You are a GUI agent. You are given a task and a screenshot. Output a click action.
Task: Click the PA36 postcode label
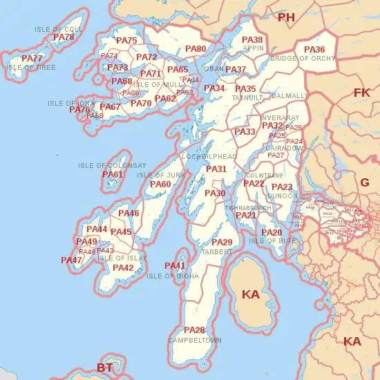tap(314, 50)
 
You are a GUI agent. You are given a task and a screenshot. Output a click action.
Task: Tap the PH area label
tap(286, 17)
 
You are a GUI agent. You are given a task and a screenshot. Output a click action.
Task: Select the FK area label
tap(361, 93)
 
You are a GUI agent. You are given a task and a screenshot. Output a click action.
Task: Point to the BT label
tap(104, 368)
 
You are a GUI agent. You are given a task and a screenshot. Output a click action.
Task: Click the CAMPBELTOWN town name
tap(195, 341)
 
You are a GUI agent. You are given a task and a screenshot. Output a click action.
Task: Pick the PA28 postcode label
tap(194, 330)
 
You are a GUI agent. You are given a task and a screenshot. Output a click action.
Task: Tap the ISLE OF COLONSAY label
tap(112, 166)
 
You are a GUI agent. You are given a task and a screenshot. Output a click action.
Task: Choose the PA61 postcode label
tap(113, 175)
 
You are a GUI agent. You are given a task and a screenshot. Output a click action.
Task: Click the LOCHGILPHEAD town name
tap(209, 157)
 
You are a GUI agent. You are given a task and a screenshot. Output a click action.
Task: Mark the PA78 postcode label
tap(64, 37)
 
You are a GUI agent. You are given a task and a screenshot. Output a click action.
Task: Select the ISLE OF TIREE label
tap(31, 68)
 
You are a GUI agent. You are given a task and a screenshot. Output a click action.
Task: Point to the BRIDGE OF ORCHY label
tap(303, 59)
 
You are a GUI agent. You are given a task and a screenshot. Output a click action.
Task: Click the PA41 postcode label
tap(175, 266)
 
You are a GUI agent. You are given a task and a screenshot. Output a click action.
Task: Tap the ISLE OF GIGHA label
tap(173, 276)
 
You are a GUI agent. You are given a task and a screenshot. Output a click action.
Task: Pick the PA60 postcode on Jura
tap(160, 184)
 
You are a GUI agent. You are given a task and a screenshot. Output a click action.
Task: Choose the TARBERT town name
tap(216, 252)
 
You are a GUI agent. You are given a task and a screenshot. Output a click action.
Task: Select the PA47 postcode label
tap(71, 260)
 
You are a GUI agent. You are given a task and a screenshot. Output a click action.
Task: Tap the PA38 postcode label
tap(252, 40)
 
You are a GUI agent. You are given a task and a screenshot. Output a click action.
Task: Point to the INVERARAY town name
tap(281, 117)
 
